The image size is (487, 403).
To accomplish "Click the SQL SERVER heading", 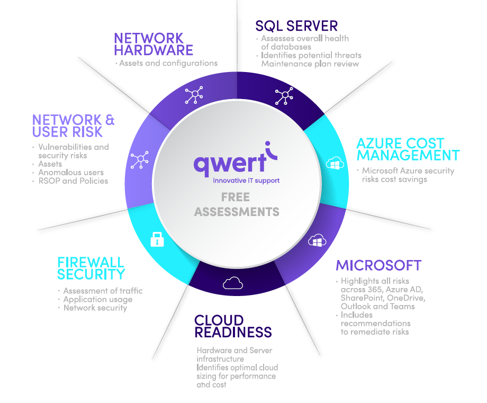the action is (x=296, y=26).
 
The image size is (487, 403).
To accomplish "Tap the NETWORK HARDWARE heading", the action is (x=154, y=44).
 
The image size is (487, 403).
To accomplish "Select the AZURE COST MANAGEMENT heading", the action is (x=408, y=149).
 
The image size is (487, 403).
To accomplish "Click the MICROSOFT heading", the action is (x=378, y=265).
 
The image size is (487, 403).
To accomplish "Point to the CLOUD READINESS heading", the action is (x=233, y=326).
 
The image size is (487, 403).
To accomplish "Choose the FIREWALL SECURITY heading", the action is (x=91, y=268).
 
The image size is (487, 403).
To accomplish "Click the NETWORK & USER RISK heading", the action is (x=73, y=126).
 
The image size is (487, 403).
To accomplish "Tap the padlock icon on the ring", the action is (x=157, y=239).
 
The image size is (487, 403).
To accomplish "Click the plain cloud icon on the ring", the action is (x=233, y=283).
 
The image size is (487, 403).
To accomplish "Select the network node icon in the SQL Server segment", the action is (x=284, y=96).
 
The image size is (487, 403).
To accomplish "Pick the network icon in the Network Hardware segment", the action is (x=194, y=95).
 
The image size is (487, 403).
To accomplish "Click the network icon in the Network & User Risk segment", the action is (x=140, y=160).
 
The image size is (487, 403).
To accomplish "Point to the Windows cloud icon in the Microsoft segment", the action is (x=317, y=240).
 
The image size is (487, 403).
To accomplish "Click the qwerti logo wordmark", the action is (x=236, y=159).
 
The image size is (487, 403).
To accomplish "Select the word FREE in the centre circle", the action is (x=236, y=197).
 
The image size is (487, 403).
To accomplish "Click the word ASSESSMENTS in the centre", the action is (x=237, y=212).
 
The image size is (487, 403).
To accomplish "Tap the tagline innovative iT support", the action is (x=246, y=181).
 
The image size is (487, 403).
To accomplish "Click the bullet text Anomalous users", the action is (x=71, y=173).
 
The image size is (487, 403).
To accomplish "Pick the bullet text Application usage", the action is (x=98, y=300).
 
